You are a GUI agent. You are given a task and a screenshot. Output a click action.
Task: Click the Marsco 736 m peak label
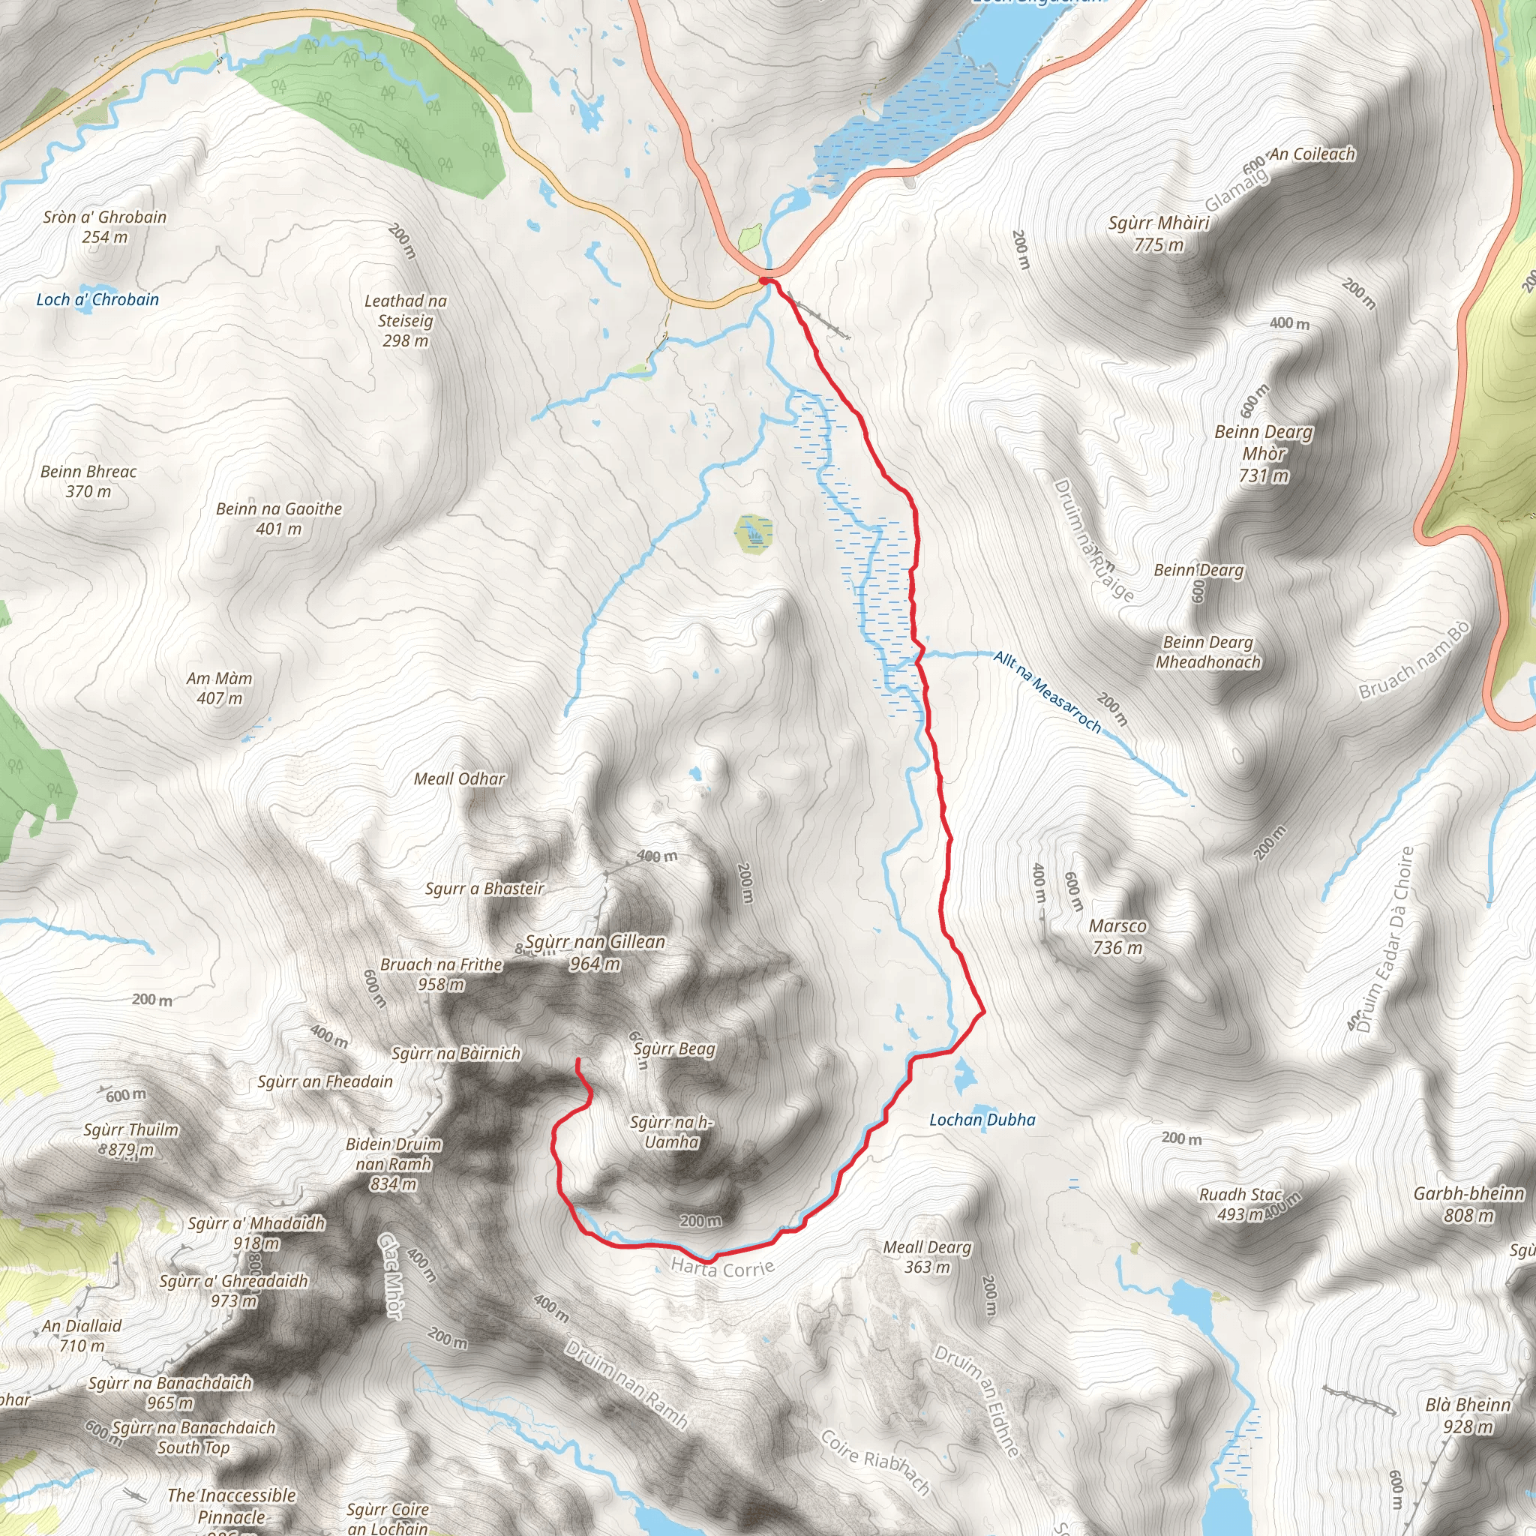[1117, 937]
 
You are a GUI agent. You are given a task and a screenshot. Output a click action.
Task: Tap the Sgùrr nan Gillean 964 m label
[595, 952]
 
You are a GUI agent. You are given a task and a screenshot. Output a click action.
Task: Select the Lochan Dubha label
[982, 1120]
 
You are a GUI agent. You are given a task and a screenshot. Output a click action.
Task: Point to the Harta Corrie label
[722, 1267]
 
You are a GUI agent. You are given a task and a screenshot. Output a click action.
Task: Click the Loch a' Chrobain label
[97, 300]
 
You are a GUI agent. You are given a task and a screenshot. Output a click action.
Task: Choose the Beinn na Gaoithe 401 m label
[279, 518]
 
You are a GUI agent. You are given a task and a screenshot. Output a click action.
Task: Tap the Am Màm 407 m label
[220, 688]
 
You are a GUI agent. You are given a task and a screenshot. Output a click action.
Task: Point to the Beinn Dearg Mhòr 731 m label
[1263, 453]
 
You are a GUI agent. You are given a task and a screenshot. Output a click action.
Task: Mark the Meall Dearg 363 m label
[927, 1257]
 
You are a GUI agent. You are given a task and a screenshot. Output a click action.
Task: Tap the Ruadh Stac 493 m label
[1240, 1204]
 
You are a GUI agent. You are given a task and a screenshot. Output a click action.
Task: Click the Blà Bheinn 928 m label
[1468, 1416]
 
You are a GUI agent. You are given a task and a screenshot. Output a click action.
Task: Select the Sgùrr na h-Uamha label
[672, 1132]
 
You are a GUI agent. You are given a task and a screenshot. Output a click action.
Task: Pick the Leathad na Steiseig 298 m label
[406, 320]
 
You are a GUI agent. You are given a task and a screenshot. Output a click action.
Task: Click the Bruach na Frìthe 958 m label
[441, 974]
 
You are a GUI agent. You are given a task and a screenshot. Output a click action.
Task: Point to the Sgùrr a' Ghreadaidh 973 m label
[233, 1290]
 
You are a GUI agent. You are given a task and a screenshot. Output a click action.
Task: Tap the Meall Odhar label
[460, 779]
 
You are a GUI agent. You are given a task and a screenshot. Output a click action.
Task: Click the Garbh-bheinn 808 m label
[1468, 1204]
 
